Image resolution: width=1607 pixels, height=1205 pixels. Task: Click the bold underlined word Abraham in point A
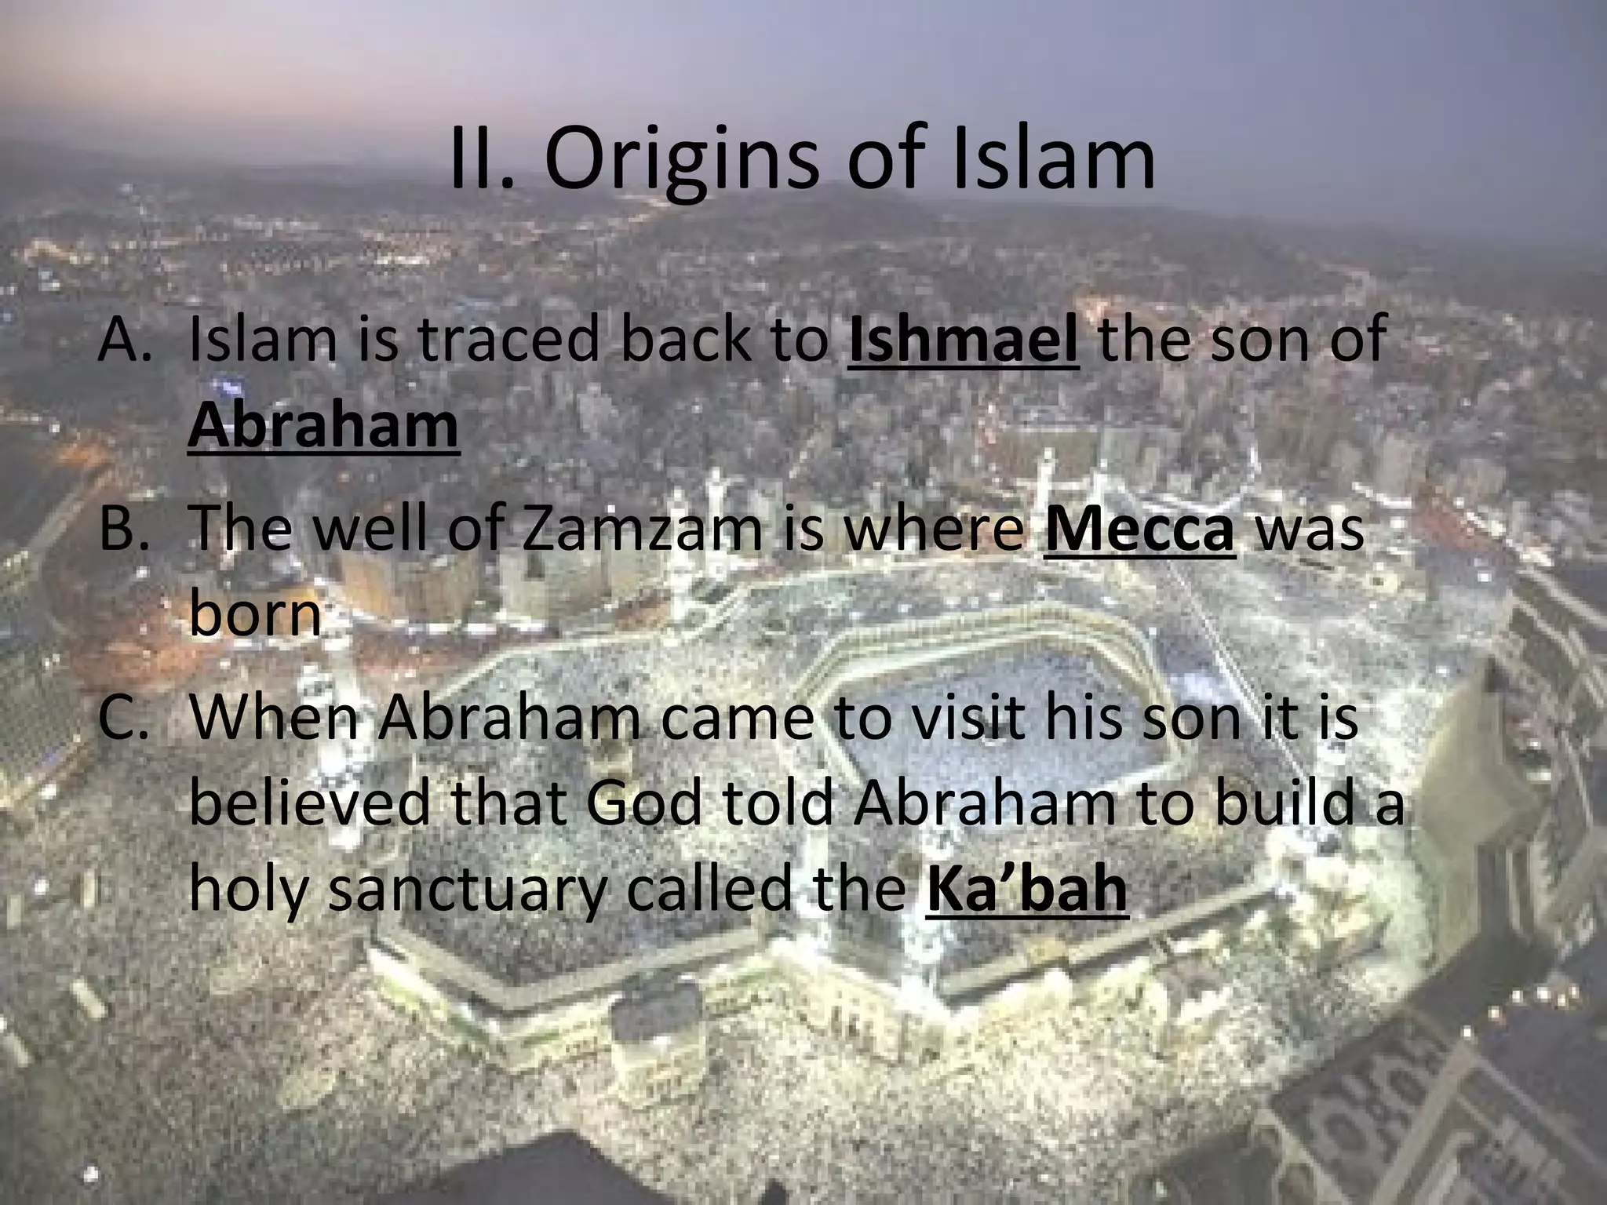pos(323,425)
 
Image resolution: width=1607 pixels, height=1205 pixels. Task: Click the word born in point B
pos(256,615)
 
